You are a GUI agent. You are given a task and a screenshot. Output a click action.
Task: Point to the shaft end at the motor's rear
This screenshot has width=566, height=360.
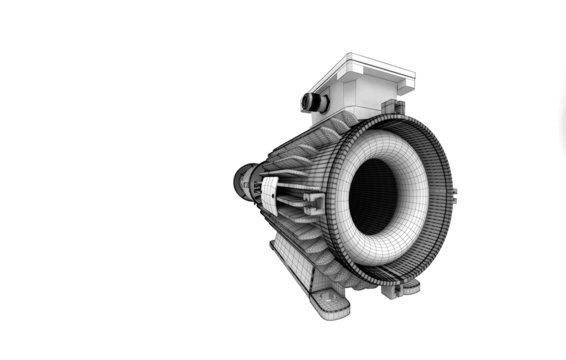click(x=241, y=183)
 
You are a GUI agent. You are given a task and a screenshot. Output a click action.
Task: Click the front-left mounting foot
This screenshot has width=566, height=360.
click(x=326, y=301)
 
